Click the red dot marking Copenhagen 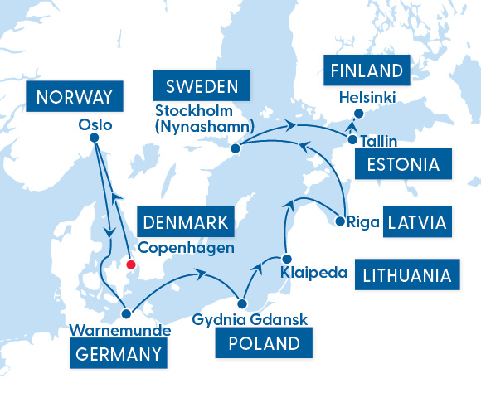pos(129,265)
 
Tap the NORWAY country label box pos(75,97)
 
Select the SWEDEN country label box pos(202,85)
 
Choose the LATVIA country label pos(420,222)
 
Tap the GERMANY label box pos(117,354)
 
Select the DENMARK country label pos(187,222)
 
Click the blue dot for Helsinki pos(358,114)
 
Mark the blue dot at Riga pos(340,221)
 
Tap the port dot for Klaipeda pos(285,257)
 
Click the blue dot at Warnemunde pos(127,314)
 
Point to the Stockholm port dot pos(236,148)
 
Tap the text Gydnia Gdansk pos(240,319)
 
